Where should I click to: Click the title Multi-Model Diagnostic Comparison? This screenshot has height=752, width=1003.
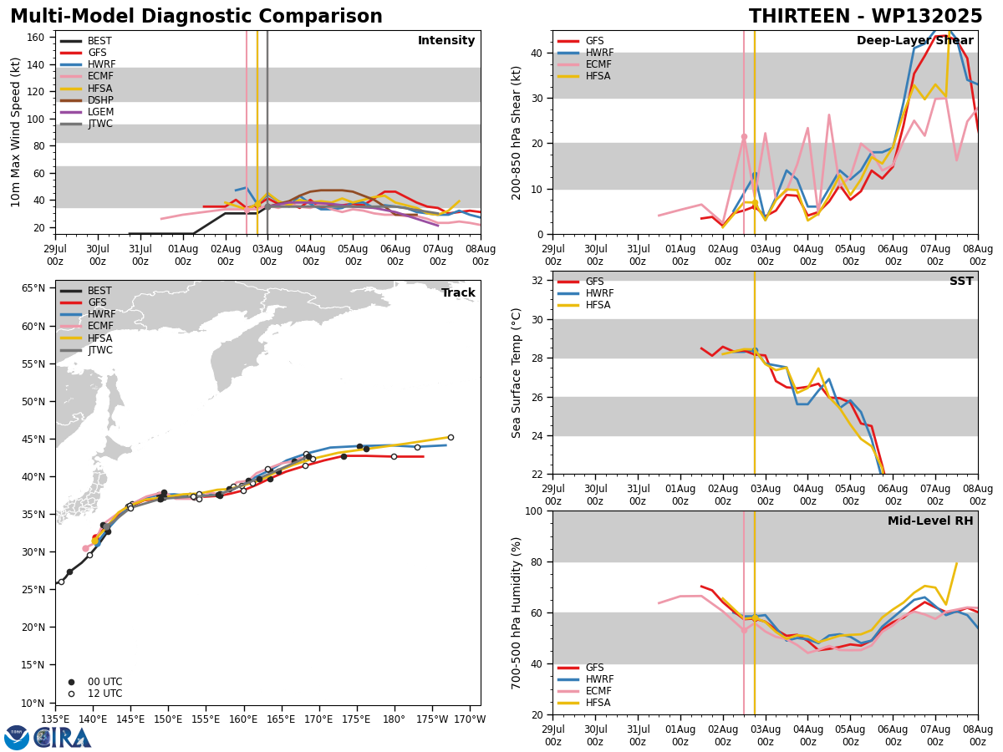point(196,17)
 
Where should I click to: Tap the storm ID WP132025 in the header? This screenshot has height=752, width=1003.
point(927,17)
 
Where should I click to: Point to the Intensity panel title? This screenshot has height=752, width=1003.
point(446,40)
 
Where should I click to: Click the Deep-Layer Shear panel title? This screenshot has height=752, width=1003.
point(914,40)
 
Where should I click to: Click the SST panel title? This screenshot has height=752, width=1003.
point(961,281)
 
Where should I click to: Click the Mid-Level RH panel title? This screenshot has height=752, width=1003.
point(930,521)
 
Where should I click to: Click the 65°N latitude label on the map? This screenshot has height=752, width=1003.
point(33,288)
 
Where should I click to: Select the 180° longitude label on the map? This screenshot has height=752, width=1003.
point(394,720)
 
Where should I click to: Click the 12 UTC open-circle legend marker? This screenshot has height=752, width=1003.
point(71,694)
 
